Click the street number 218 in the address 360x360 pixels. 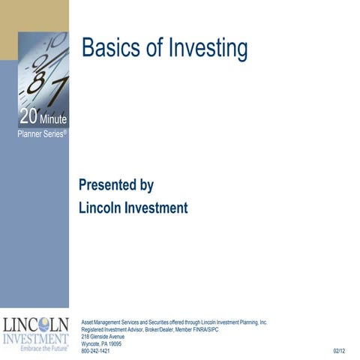[85, 336]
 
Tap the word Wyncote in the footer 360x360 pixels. [92, 343]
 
